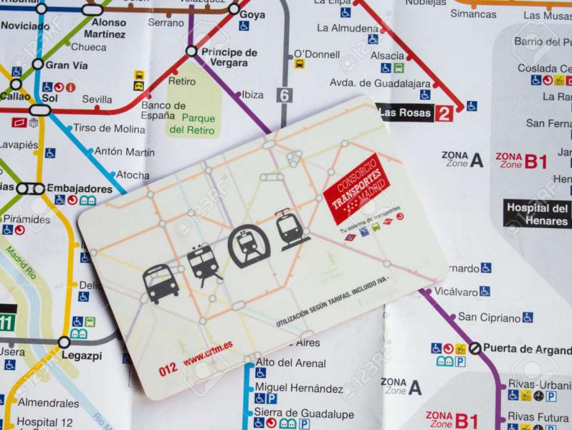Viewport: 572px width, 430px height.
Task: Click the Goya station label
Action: point(252,14)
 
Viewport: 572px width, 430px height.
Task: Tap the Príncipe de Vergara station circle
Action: point(191,52)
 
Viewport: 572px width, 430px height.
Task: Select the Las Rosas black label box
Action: point(405,113)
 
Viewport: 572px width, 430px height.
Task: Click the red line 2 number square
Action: point(444,113)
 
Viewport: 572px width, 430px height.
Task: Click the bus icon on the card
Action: point(161,283)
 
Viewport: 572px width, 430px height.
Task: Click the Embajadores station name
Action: point(79,188)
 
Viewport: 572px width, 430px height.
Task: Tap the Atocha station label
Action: point(133,174)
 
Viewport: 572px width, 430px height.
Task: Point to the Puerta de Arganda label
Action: point(527,348)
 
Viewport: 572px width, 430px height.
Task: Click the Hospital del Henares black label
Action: point(538,214)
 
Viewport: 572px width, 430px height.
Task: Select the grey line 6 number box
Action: point(286,95)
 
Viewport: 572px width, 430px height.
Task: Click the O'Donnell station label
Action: point(317,54)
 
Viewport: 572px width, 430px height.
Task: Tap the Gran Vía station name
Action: point(67,64)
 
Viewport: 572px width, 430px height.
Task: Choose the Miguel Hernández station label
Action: point(299,388)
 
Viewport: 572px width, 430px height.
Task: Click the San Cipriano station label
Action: point(489,317)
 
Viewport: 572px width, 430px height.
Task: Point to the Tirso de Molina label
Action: point(109,128)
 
